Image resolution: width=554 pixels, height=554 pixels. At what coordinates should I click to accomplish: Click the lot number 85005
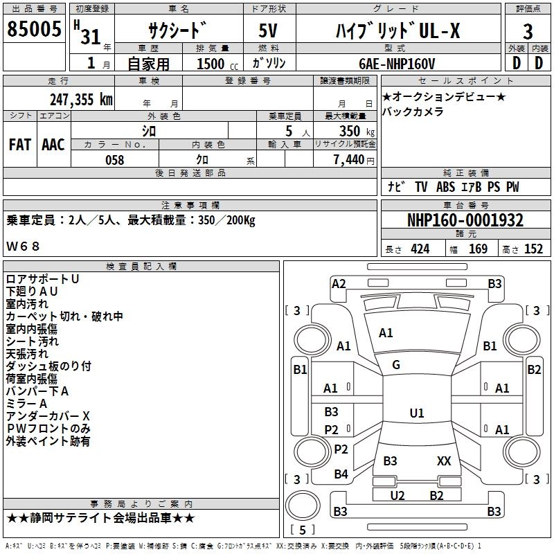pos(34,28)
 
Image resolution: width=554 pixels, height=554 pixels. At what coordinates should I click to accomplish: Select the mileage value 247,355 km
pos(81,100)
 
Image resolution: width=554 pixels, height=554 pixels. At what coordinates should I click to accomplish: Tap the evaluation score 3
pos(528,31)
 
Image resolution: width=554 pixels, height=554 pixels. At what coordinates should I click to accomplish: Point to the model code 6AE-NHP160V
pos(397,64)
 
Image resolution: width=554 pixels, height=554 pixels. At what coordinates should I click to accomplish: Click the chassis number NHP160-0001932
pos(465,220)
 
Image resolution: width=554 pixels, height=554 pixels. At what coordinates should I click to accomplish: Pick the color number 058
pos(115,160)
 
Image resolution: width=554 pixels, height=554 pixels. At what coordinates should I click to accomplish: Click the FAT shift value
pos(20,145)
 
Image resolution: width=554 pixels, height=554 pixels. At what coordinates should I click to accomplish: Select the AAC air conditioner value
pos(53,145)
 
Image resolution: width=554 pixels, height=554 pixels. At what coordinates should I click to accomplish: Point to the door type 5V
pos(268,30)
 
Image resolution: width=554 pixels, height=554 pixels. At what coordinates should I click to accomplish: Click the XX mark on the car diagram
pos(444,461)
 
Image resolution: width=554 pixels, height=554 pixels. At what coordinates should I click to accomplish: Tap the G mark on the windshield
pos(396,365)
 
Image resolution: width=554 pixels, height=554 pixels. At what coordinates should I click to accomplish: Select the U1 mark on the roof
pos(417,413)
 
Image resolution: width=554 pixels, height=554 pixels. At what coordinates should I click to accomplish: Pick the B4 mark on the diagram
pos(341,474)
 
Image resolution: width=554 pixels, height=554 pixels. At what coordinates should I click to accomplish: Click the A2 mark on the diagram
pos(339,284)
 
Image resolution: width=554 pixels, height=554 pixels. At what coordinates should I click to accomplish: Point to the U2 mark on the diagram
pos(397,495)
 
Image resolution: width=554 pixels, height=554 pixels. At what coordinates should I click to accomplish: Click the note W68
pos(23,246)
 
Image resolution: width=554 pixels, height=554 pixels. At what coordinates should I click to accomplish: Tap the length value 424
pos(420,249)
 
